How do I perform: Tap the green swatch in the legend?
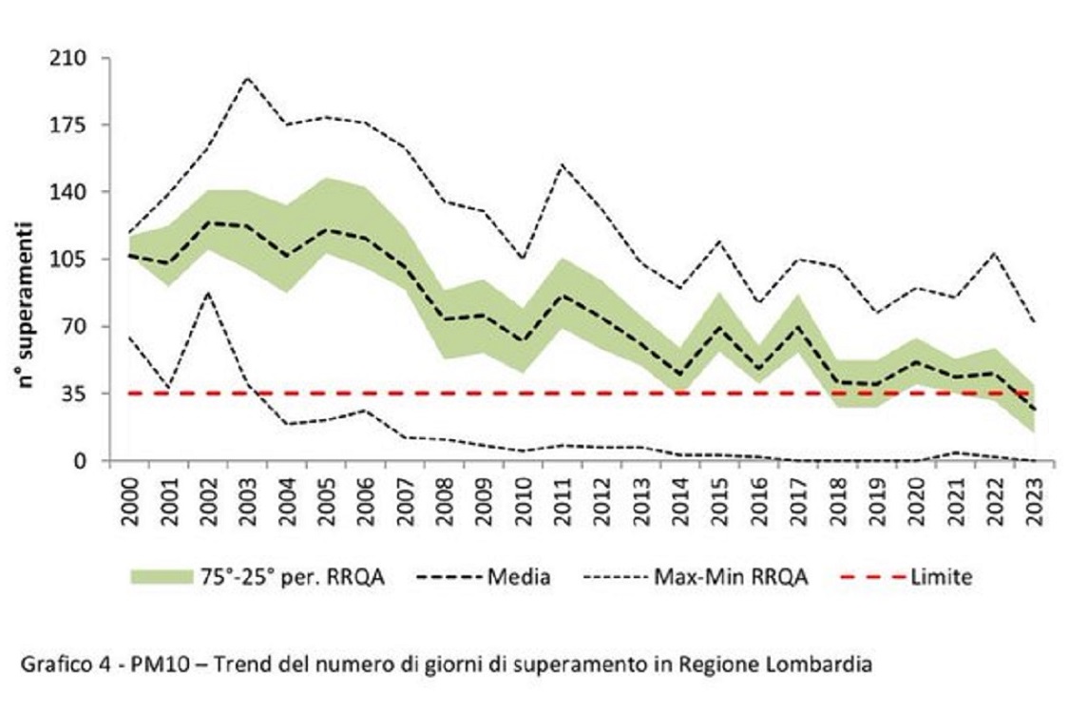pyautogui.click(x=164, y=576)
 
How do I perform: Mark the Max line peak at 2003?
pyautogui.click(x=247, y=78)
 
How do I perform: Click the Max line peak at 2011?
pyautogui.click(x=561, y=164)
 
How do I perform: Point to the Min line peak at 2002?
pyautogui.click(x=208, y=293)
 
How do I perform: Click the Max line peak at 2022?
pyautogui.click(x=993, y=253)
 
